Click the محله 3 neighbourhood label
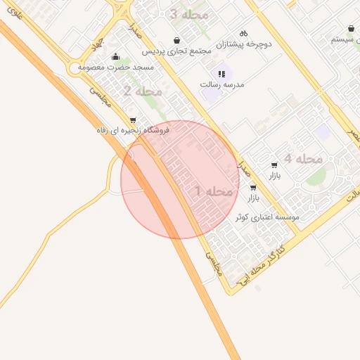[188, 14]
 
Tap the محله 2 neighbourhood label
[142, 91]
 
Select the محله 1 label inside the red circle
[214, 191]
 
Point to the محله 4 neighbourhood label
[303, 158]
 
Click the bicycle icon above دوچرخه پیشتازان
[243, 32]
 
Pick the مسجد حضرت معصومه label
[115, 67]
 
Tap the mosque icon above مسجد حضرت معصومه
[115, 56]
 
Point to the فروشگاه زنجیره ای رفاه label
[134, 130]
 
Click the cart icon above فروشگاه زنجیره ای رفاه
[134, 120]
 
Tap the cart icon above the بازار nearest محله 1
[252, 188]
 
